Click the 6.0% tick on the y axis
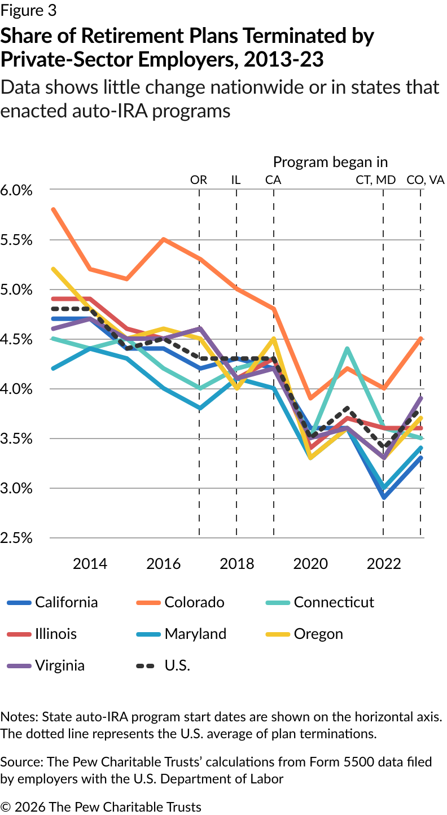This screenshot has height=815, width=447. coord(16,190)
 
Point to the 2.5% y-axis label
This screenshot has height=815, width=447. coord(16,538)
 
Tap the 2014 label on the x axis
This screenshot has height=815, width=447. coord(90,563)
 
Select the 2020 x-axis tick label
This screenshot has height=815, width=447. coord(310,563)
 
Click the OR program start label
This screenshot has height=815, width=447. coord(199,180)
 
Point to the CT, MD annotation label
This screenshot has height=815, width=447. coord(375,180)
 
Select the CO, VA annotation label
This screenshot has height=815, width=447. coord(426,180)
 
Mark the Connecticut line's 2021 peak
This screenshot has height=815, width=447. coord(347,349)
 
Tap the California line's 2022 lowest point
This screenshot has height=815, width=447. coord(384,498)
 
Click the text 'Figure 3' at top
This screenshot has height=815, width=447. coord(28,10)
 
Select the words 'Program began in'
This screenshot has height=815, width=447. coord(330,162)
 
